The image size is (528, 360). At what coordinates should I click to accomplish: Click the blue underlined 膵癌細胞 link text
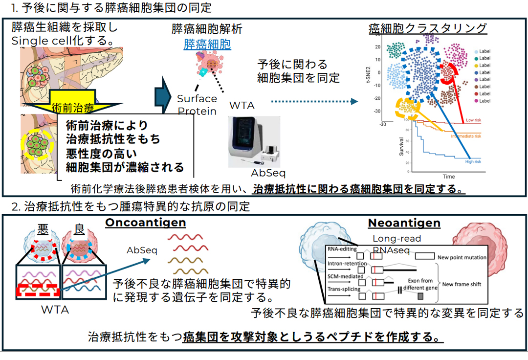coord(207,45)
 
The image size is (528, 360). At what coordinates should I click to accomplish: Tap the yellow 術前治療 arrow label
coord(73,105)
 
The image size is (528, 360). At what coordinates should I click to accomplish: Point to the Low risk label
coord(476,119)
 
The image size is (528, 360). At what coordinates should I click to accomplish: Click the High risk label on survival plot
coord(475,161)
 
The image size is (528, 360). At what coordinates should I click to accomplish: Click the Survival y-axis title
coord(400,146)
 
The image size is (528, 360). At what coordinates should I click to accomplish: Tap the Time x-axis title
coord(448,177)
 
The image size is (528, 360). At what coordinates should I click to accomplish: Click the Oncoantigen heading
coord(146,223)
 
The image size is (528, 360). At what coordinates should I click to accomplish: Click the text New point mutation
coord(462,257)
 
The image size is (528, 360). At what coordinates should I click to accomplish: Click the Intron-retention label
coord(344,263)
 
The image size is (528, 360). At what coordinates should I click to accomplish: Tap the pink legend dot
coord(476,101)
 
